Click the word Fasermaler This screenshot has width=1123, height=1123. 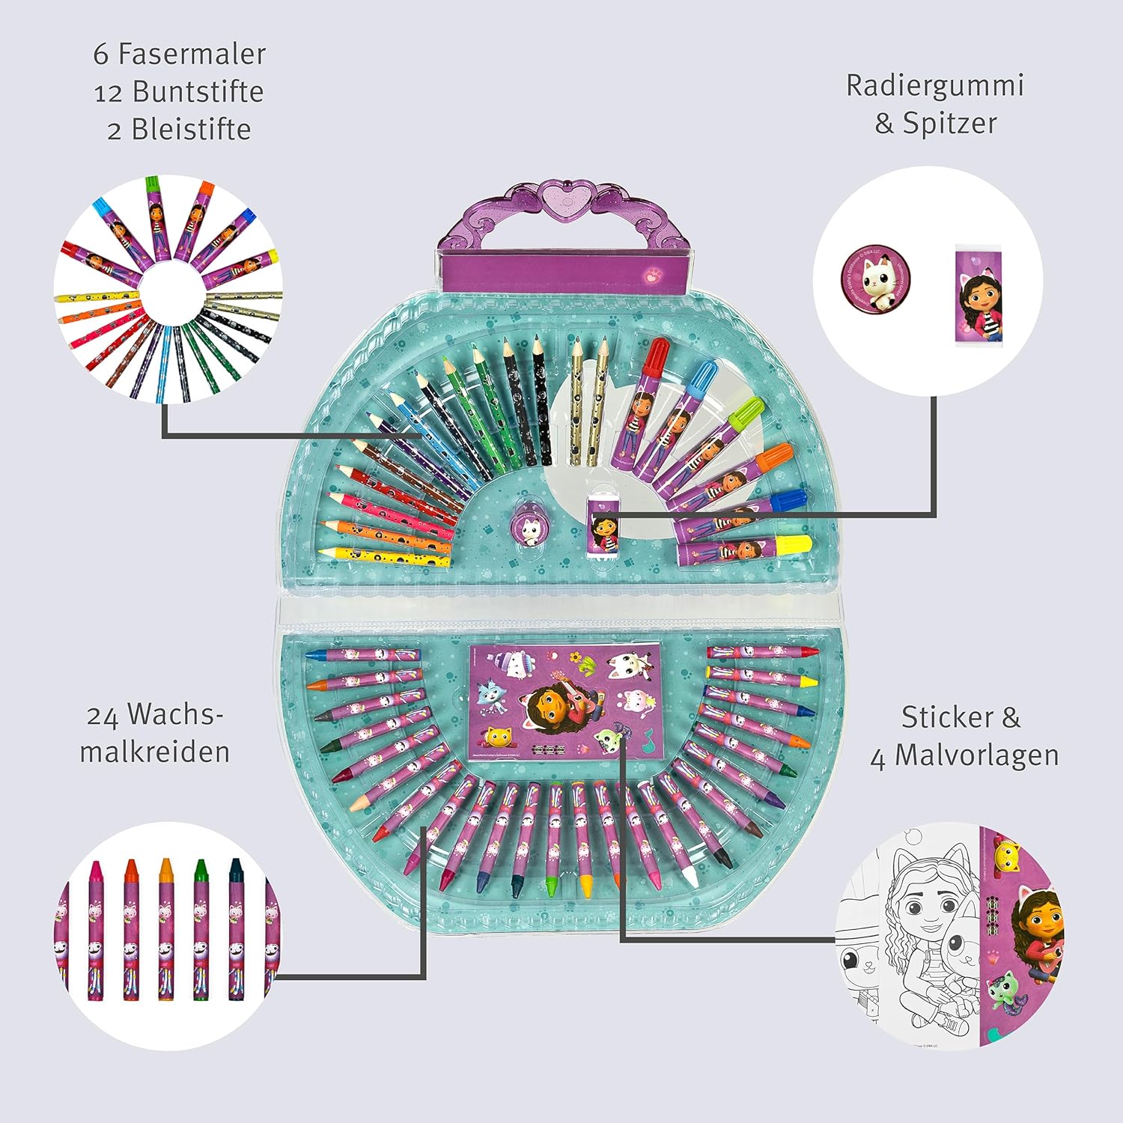(192, 54)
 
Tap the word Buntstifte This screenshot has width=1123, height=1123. (198, 91)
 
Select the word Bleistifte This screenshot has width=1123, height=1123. (191, 130)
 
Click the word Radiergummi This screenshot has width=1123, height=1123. (934, 85)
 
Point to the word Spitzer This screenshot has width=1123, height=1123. (949, 123)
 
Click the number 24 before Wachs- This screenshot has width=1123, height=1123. (103, 716)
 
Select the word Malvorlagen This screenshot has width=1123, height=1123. (976, 755)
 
